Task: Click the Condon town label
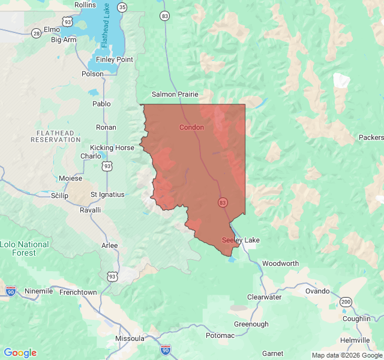click(x=191, y=127)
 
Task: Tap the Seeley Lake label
click(x=241, y=240)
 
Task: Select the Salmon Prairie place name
click(x=174, y=94)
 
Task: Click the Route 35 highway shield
click(x=122, y=7)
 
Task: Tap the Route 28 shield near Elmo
click(x=36, y=34)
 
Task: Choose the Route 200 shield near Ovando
click(x=346, y=301)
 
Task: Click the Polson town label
click(x=92, y=74)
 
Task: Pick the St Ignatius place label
click(x=107, y=194)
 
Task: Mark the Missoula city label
click(x=130, y=338)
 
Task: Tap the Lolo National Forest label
click(x=25, y=248)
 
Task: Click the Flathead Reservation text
click(x=55, y=136)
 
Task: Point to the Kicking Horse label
click(x=112, y=148)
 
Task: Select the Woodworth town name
click(x=280, y=263)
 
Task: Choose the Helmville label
click(x=355, y=340)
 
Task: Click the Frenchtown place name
click(x=79, y=292)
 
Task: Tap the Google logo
click(x=20, y=353)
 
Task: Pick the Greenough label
click(x=251, y=324)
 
